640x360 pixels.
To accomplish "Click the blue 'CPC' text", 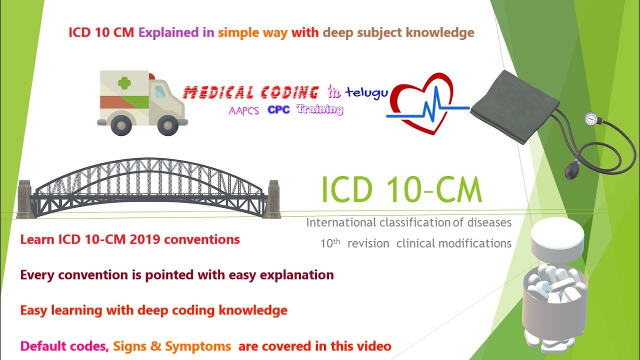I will (278, 110).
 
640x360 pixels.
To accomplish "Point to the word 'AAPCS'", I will (244, 111).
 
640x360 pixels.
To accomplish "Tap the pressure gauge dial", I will (591, 119).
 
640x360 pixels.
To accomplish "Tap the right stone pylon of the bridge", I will (273, 199).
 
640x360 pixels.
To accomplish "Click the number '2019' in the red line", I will (145, 239).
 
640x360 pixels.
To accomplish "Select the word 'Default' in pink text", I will (43, 345).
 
